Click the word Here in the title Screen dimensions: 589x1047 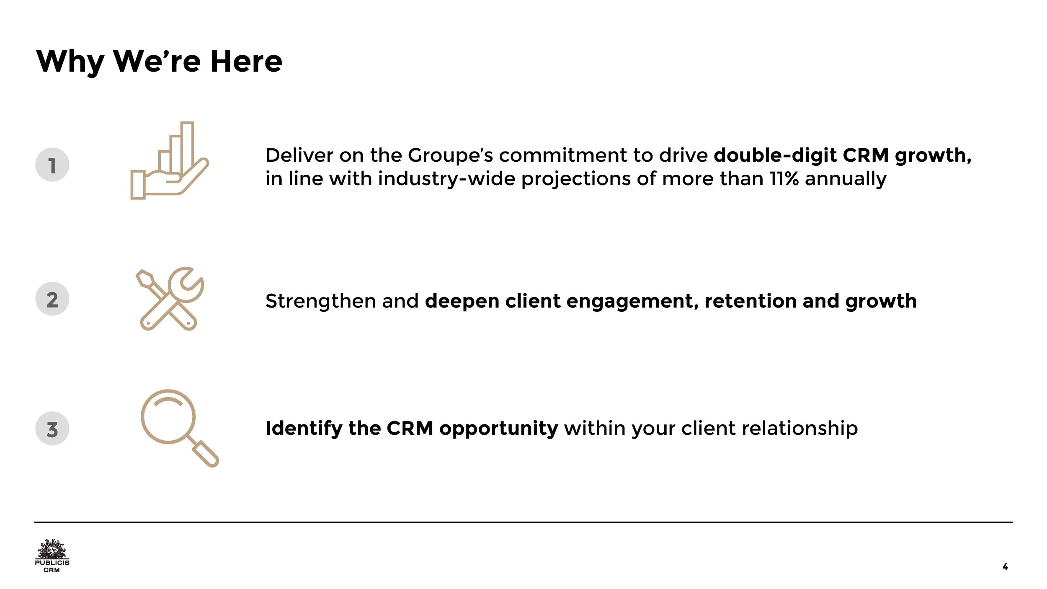[246, 62]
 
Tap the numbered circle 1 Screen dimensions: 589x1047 [52, 165]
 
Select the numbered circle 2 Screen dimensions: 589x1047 [52, 299]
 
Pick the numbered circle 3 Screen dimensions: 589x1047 [52, 429]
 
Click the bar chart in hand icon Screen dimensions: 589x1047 [169, 161]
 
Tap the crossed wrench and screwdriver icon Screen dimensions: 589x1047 [170, 299]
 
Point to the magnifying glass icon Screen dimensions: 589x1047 [178, 427]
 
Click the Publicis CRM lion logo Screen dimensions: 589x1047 [52, 555]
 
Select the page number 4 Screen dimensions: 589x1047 [1005, 567]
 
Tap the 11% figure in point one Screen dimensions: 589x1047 [784, 179]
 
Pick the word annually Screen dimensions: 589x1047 [846, 179]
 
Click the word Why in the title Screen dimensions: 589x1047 [70, 62]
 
